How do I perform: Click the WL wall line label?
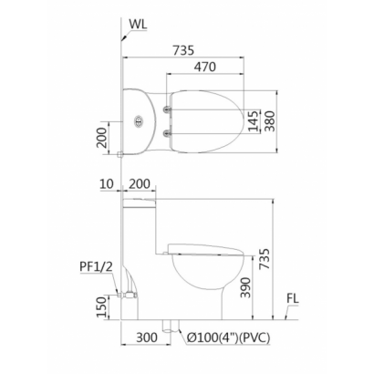click(x=138, y=24)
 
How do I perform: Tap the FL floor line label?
click(x=293, y=298)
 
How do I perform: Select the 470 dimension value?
click(x=205, y=67)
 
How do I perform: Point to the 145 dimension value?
click(x=254, y=120)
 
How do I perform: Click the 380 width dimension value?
click(x=269, y=121)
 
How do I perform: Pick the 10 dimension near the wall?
click(x=107, y=183)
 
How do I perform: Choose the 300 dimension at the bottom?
click(x=147, y=338)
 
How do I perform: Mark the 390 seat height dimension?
click(x=245, y=287)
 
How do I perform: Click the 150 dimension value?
click(x=102, y=307)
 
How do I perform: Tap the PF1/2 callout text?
click(x=96, y=266)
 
